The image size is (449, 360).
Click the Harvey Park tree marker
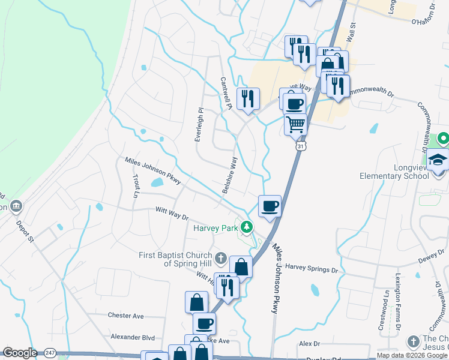[x=246, y=227]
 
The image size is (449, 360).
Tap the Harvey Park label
[x=215, y=228]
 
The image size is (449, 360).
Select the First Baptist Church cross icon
[x=221, y=259]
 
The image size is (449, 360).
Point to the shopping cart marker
[x=295, y=125]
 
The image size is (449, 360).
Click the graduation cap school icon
[x=438, y=160]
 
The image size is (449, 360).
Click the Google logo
[x=20, y=353]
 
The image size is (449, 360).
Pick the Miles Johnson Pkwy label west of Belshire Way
[x=152, y=169]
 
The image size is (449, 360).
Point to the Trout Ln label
[x=135, y=186]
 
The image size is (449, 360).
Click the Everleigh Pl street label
[x=199, y=125]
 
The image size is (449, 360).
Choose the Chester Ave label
[x=126, y=316]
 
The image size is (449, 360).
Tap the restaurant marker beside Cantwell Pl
[x=248, y=98]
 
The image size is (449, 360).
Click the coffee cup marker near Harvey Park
[x=270, y=206]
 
